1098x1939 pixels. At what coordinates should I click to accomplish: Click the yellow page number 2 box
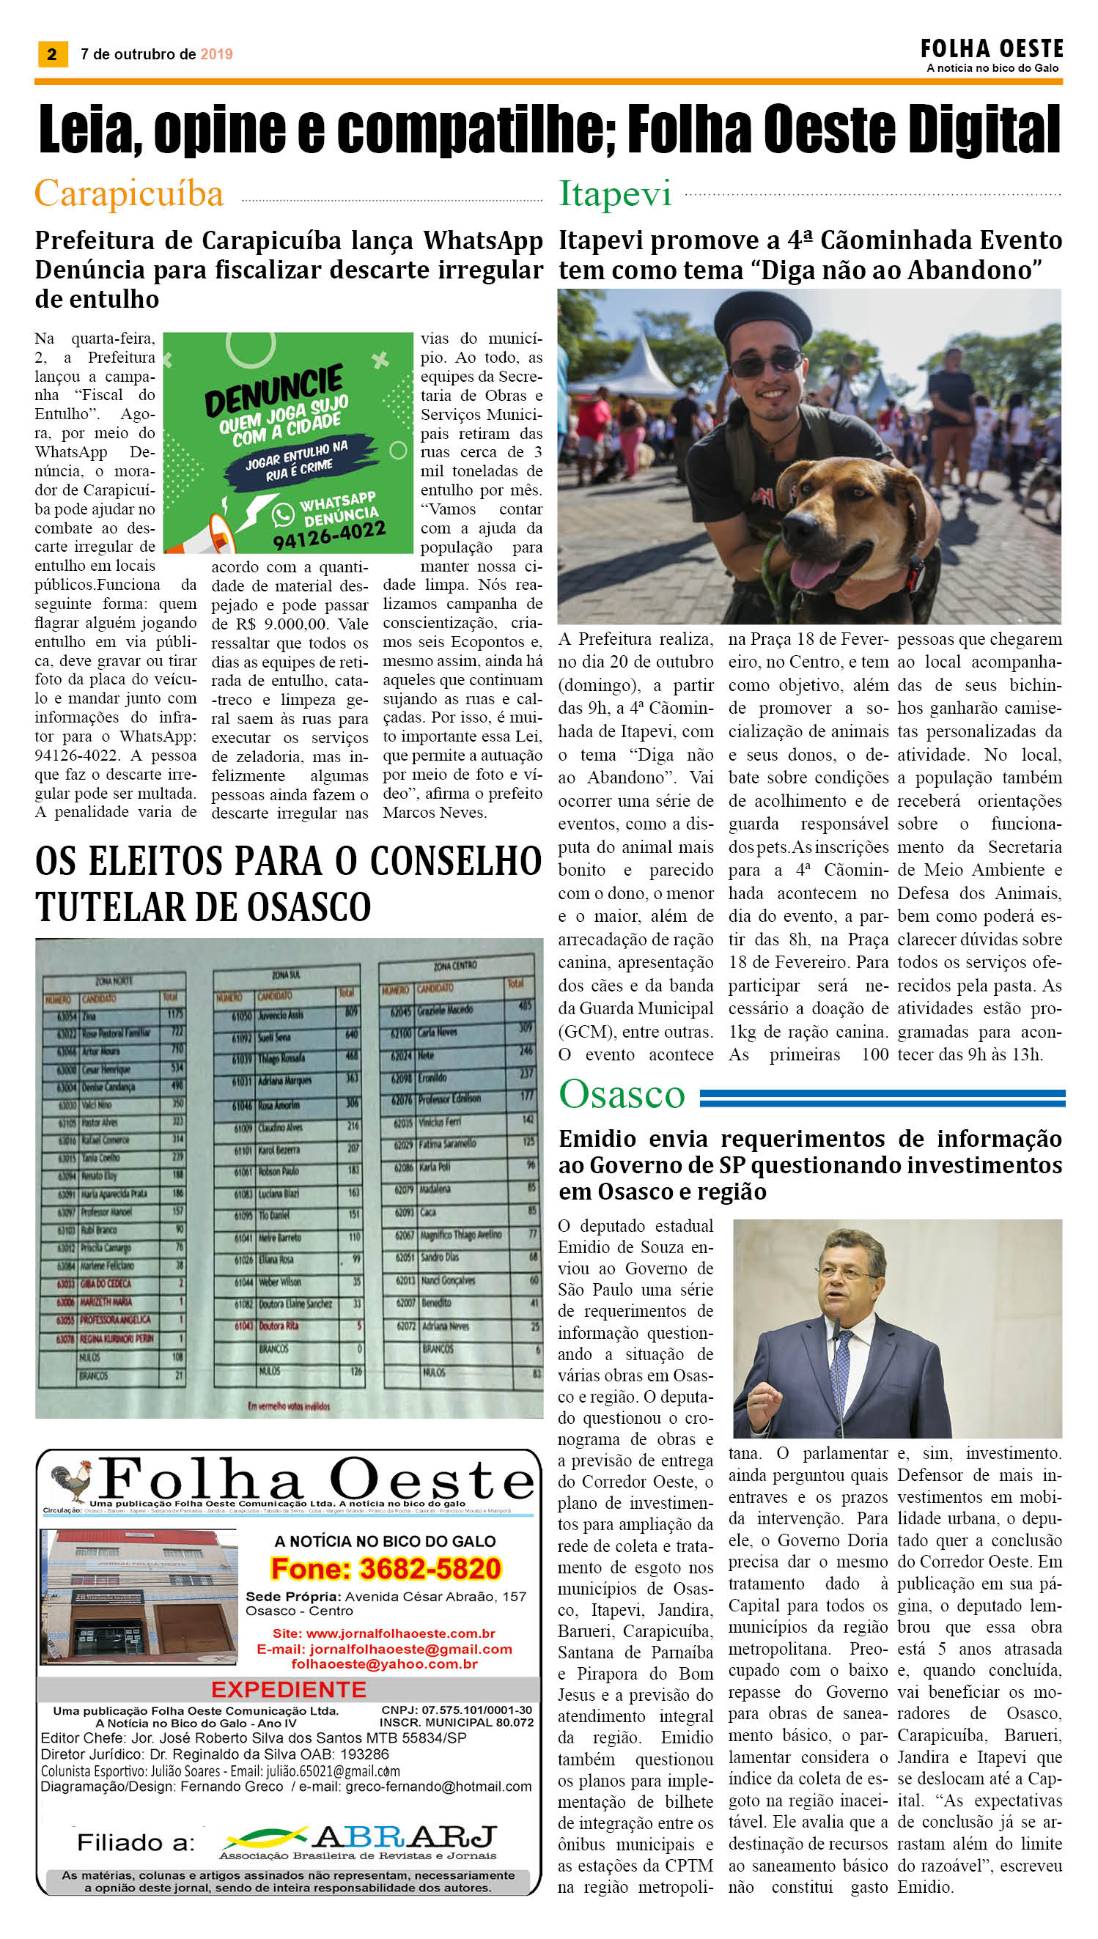[52, 54]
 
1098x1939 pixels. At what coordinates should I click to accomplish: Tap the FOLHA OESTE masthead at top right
[991, 50]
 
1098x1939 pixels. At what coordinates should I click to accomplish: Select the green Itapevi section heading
[615, 193]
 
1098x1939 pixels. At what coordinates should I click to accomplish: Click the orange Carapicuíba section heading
[129, 193]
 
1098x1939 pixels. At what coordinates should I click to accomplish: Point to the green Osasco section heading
[622, 1094]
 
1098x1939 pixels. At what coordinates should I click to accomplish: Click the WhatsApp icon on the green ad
[283, 514]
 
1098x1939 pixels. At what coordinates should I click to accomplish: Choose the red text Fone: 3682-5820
[386, 1568]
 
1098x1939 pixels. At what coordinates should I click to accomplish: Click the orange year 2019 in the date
[216, 54]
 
